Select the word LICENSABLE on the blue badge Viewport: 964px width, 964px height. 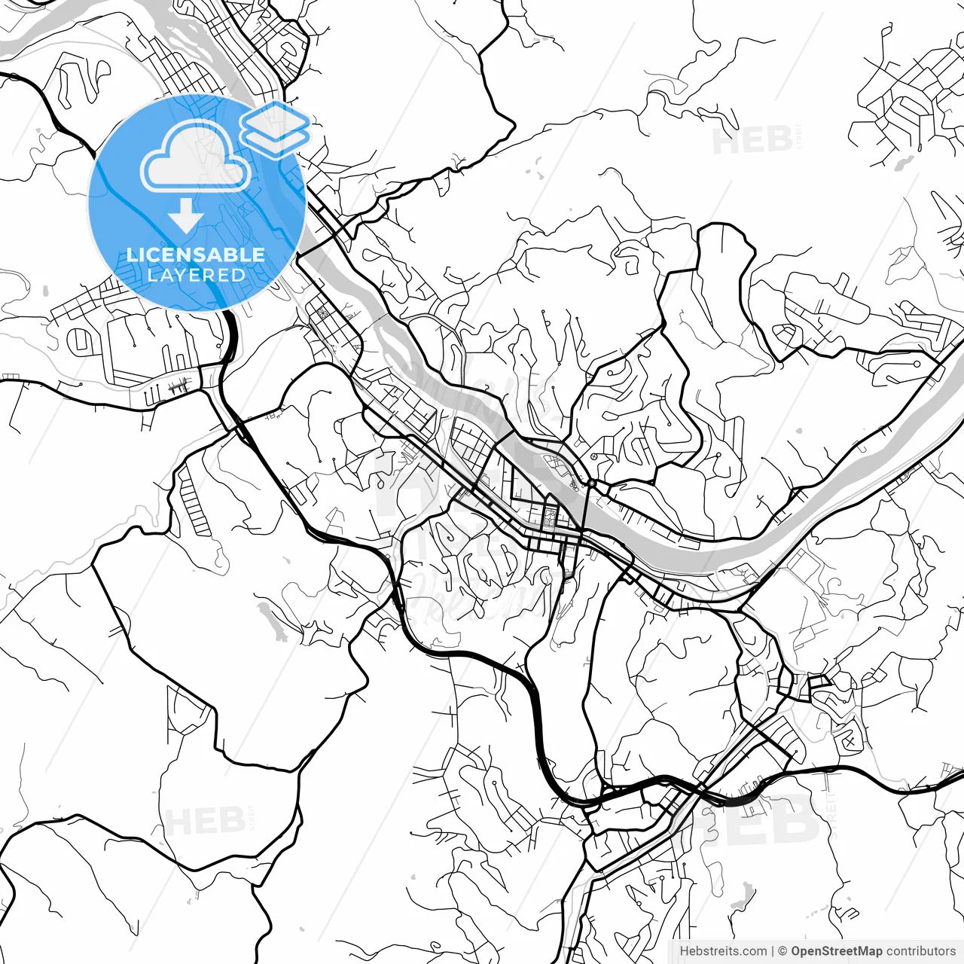click(x=196, y=255)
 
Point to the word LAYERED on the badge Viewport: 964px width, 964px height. click(x=196, y=276)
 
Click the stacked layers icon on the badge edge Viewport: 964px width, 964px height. click(x=275, y=128)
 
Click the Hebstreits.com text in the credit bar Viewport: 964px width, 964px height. click(x=723, y=951)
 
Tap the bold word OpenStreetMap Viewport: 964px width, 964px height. click(x=836, y=951)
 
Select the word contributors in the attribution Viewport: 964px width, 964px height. click(x=920, y=951)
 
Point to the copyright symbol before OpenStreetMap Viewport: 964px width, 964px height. click(x=783, y=951)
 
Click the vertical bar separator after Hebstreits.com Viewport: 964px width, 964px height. click(x=773, y=951)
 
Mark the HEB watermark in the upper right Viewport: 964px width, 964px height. click(x=752, y=140)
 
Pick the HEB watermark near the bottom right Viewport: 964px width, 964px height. click(x=761, y=817)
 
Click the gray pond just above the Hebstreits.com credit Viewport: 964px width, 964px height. click(x=744, y=896)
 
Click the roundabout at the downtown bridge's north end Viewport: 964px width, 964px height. click(x=592, y=482)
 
